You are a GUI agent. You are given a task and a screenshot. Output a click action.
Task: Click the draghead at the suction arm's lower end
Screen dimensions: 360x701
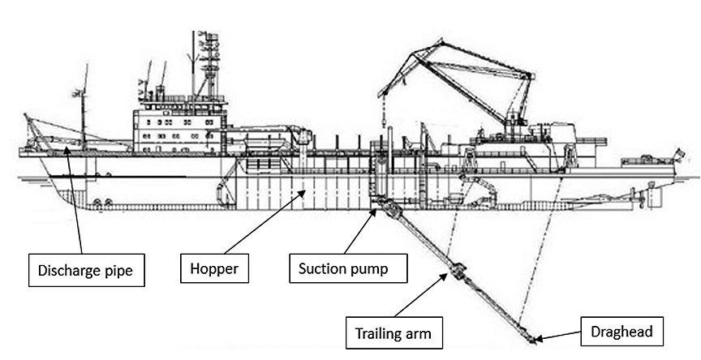[531, 335]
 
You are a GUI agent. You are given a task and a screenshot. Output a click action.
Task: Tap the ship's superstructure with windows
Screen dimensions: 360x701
[174, 126]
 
